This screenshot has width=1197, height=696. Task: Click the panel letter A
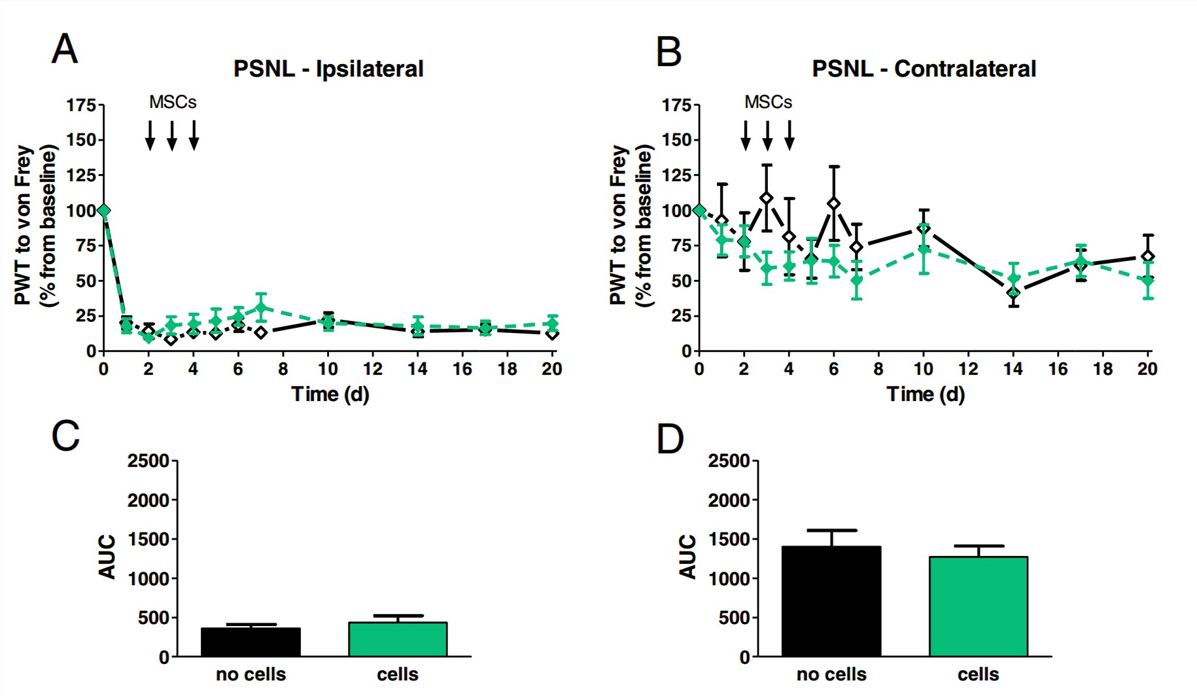tap(64, 50)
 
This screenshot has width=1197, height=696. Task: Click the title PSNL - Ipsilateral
tap(328, 69)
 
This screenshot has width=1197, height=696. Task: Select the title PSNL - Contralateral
tap(924, 69)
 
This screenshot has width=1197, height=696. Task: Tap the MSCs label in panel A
tap(173, 102)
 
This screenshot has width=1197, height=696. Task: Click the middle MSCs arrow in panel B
tap(767, 135)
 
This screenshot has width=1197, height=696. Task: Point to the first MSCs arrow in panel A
tap(150, 135)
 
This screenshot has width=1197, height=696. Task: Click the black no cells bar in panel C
tap(251, 642)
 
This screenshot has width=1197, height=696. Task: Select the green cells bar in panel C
tap(398, 639)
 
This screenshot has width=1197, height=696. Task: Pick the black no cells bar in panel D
tap(831, 602)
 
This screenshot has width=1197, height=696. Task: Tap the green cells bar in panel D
tap(978, 606)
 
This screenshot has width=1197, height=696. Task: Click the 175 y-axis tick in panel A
tap(81, 105)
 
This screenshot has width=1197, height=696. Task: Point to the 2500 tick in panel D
tap(729, 461)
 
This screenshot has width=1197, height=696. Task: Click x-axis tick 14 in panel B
tap(1013, 369)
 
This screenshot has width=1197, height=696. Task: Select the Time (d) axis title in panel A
tap(330, 394)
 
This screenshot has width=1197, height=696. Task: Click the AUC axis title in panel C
tap(107, 557)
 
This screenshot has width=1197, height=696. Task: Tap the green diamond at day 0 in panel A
tap(103, 211)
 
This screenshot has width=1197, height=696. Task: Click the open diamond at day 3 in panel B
tap(767, 198)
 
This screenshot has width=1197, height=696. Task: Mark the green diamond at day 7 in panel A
tap(261, 307)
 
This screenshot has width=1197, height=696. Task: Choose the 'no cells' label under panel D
tap(831, 674)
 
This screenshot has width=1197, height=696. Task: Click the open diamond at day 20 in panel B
tap(1147, 256)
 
